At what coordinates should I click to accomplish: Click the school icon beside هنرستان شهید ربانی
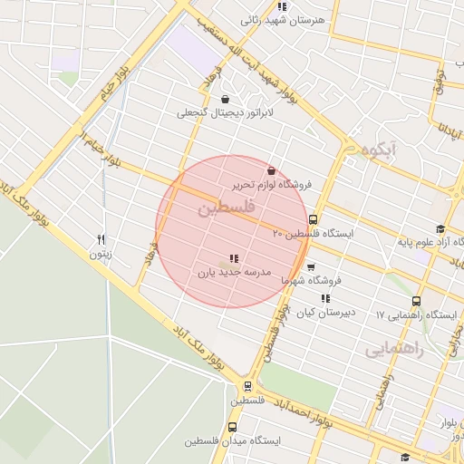click(x=282, y=6)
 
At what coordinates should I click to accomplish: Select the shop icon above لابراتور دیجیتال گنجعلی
click(x=225, y=100)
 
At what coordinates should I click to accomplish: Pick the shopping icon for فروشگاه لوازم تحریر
click(x=271, y=170)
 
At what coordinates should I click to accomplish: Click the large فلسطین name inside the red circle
click(x=226, y=208)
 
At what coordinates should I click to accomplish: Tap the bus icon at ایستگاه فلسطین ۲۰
click(x=313, y=219)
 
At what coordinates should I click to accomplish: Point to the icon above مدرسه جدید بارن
click(x=235, y=258)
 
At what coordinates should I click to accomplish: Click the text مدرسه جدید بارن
click(x=235, y=272)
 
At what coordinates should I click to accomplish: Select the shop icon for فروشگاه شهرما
click(x=311, y=267)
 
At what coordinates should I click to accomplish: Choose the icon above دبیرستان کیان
click(x=324, y=298)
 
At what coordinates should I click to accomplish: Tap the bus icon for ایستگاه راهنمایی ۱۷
click(x=416, y=302)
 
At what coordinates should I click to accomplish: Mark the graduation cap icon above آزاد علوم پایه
click(x=440, y=228)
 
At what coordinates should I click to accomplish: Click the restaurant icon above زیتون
click(x=101, y=240)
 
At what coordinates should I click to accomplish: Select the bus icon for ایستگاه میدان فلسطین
click(x=232, y=427)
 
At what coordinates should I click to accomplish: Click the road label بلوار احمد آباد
click(x=299, y=404)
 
